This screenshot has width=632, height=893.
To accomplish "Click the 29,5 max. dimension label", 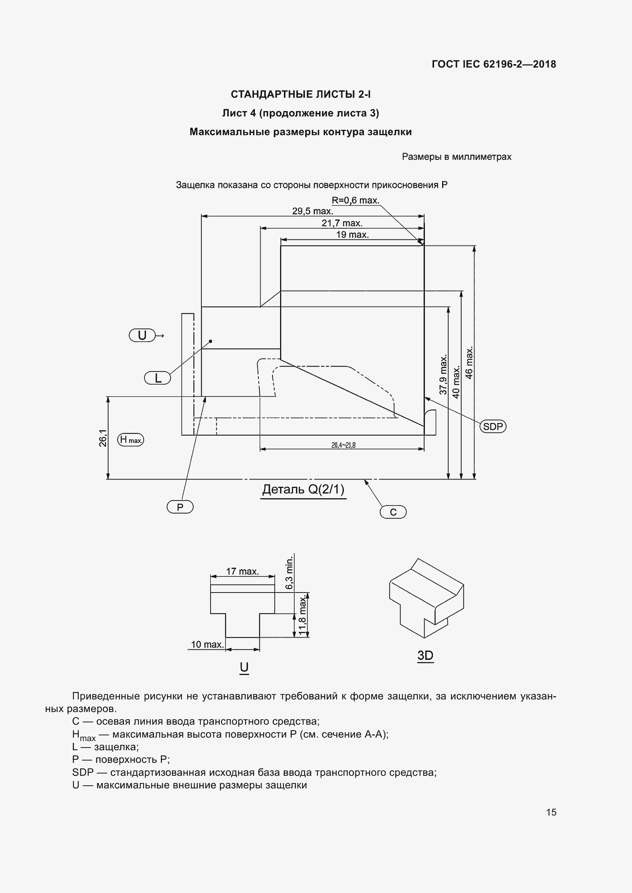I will click(x=312, y=211).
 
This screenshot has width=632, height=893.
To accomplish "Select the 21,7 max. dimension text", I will click(x=342, y=223).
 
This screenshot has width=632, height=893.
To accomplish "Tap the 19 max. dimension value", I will click(x=352, y=234).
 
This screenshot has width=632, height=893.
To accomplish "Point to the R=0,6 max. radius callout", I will click(x=355, y=201).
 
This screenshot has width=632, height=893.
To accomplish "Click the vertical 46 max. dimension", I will click(x=469, y=362).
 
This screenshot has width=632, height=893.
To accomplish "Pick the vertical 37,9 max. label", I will click(x=443, y=375).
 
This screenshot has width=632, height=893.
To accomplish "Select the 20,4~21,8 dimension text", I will click(x=343, y=445).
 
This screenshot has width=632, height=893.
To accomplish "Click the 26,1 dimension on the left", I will click(x=103, y=438).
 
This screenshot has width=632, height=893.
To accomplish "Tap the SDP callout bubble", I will click(x=493, y=427).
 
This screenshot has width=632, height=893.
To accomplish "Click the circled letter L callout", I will click(x=157, y=378).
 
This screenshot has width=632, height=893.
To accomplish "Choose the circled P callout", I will click(x=180, y=507).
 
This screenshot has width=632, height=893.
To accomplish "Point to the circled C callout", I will click(x=393, y=512).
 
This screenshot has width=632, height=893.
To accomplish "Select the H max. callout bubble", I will click(x=130, y=440).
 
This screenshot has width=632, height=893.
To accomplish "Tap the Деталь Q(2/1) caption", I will click(x=303, y=489).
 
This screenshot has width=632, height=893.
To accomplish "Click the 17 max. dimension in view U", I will click(x=242, y=572).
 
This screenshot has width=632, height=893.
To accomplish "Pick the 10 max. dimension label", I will click(x=207, y=644).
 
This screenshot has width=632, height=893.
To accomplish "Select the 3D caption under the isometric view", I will click(x=425, y=656).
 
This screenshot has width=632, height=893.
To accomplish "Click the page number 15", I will click(x=551, y=812).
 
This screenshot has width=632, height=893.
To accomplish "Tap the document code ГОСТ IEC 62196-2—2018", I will click(x=493, y=64).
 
